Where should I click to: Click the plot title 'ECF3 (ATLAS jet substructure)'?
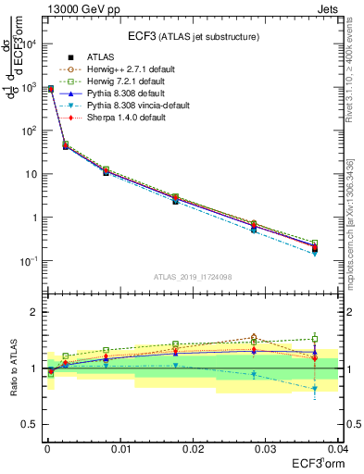coord(195,36)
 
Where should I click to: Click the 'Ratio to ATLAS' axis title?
coord(12,368)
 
